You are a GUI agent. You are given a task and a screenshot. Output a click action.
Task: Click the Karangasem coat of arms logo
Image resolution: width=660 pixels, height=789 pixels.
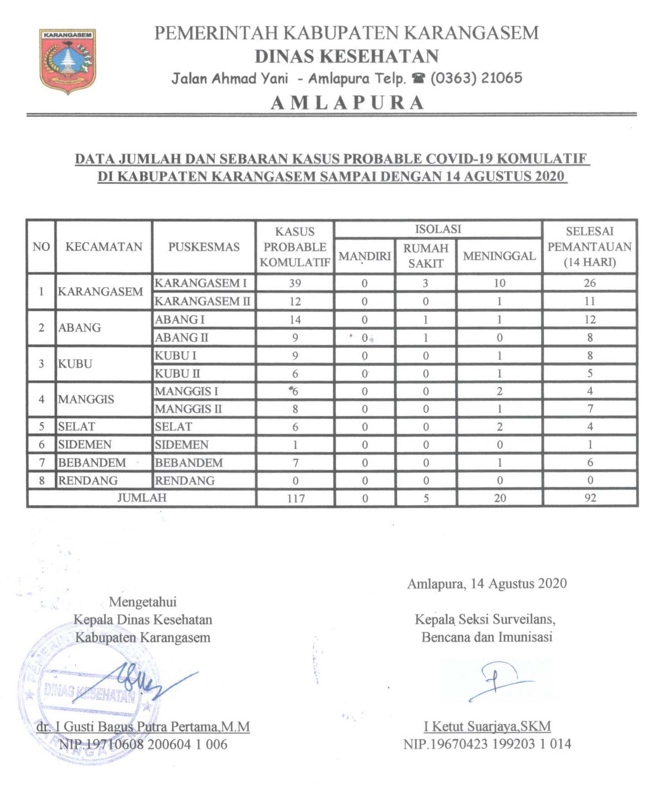68,61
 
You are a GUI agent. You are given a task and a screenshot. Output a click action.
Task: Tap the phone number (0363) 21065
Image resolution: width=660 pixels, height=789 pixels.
476,78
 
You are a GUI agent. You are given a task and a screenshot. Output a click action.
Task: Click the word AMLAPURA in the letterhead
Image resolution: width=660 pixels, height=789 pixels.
348,103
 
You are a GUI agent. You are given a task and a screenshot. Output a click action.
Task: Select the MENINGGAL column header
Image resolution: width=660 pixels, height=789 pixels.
499,256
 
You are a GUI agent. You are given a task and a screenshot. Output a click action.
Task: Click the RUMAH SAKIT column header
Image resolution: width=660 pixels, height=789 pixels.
425,255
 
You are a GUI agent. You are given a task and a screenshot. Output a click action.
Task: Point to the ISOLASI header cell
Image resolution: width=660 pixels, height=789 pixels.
438,229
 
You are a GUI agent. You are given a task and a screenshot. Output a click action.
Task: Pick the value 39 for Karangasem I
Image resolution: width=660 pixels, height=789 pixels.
295,283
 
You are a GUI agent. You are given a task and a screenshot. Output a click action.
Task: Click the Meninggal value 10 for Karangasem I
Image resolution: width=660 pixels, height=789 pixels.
499,283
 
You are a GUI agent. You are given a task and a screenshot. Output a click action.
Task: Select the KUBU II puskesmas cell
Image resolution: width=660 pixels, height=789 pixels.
177,374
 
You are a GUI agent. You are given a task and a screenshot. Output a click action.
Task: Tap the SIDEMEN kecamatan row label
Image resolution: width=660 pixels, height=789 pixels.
85,445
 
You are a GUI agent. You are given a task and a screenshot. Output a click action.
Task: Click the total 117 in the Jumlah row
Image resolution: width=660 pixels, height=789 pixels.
296,498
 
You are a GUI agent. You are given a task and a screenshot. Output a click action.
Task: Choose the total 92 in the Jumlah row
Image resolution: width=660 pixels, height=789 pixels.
590,498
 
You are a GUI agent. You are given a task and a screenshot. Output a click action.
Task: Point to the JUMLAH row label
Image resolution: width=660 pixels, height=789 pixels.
142,498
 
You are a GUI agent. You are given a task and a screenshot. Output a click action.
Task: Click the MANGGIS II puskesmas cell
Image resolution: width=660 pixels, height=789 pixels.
188,409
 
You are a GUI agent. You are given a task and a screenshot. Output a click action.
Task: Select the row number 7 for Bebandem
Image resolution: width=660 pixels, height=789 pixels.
42,463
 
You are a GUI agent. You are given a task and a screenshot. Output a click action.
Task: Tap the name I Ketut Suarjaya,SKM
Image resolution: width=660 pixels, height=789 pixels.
487,726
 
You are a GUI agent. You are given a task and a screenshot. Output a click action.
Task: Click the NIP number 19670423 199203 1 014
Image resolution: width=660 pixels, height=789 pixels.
487,744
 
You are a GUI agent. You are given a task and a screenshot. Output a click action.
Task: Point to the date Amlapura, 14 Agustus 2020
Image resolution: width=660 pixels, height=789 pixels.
487,583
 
